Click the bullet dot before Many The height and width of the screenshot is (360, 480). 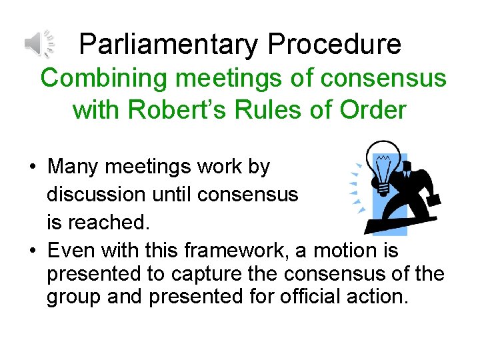tap(33, 167)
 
